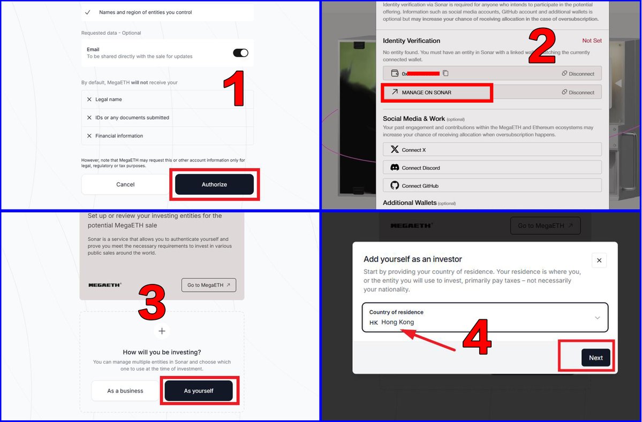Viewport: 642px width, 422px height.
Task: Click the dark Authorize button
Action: [214, 185]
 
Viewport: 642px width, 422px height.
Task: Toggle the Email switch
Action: [240, 53]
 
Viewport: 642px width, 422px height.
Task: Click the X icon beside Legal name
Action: [89, 99]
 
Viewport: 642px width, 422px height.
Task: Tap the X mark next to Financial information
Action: [89, 136]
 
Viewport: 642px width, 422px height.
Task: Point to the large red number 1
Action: [234, 88]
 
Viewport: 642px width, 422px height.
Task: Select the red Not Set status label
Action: [592, 41]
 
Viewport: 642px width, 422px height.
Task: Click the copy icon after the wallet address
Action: [445, 73]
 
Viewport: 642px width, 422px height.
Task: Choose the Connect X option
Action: [492, 149]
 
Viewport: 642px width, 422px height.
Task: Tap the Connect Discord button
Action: [492, 167]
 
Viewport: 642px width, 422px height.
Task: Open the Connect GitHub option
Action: [492, 185]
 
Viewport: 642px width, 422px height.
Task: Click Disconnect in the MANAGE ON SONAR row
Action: [578, 93]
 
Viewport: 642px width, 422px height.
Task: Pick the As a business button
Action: [125, 391]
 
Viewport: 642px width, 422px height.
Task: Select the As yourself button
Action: [199, 391]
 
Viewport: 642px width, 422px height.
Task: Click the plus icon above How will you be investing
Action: [162, 331]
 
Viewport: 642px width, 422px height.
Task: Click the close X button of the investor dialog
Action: [599, 260]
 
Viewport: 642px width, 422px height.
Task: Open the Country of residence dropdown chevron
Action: [598, 318]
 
